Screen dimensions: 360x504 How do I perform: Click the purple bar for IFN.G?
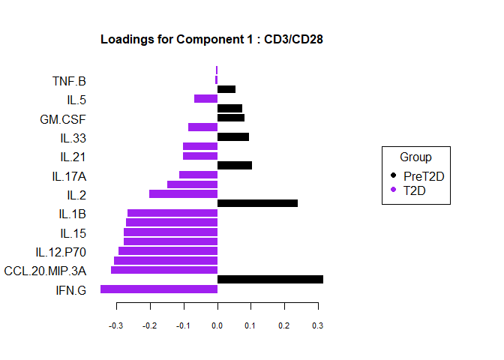tap(159, 289)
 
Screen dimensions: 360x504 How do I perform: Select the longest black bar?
tap(270, 279)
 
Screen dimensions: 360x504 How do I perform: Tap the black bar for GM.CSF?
tap(231, 118)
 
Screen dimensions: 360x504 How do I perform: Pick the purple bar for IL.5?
tap(205, 98)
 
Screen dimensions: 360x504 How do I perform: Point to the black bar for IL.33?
tap(233, 136)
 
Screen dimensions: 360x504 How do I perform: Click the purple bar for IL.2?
tap(183, 193)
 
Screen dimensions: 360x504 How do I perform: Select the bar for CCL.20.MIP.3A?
tap(164, 270)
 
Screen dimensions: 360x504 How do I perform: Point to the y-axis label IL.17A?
tap(68, 176)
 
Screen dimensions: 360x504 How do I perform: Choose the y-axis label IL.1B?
tap(72, 214)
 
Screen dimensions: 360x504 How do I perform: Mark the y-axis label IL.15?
tap(73, 232)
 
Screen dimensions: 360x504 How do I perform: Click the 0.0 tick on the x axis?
tap(217, 326)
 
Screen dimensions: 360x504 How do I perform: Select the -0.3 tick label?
tap(116, 326)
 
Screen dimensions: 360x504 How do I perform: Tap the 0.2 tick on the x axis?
tap(284, 326)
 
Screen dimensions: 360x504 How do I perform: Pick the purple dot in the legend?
tap(394, 190)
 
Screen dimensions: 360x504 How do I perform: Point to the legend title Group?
tap(415, 157)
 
